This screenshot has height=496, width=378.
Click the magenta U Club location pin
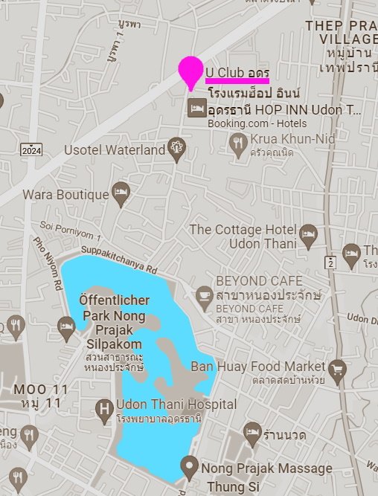pos(190,71)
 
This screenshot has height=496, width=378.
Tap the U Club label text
pos(237,71)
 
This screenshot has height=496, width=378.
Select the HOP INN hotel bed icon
pos(196,109)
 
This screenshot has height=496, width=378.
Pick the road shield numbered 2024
pos(31,151)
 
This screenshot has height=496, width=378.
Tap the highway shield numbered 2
pos(330,262)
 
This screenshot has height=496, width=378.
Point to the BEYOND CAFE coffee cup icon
pos(204,295)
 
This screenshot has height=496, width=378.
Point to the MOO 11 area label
pos(41,390)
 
